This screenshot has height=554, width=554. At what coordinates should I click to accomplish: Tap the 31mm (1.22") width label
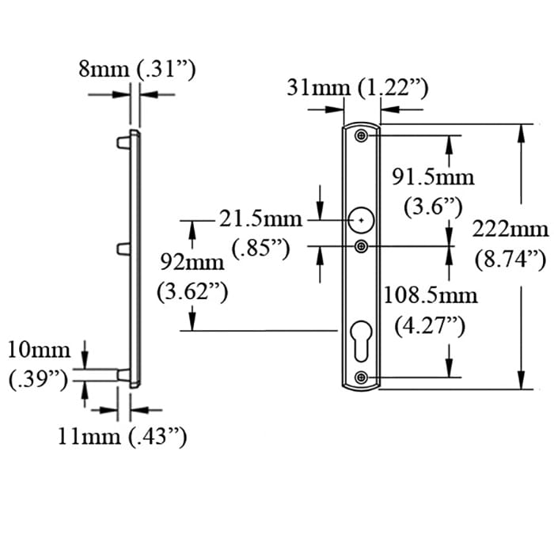pos(357,88)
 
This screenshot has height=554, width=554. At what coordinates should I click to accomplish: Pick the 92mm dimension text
pos(192,260)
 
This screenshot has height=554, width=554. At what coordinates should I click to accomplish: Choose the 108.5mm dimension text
pos(431,295)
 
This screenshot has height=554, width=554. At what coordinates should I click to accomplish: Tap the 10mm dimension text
pos(39,348)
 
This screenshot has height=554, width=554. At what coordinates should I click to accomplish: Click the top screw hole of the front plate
pos(362,136)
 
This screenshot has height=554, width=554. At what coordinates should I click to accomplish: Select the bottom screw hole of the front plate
pos(362,377)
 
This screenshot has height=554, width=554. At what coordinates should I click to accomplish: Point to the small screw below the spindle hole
pos(361,247)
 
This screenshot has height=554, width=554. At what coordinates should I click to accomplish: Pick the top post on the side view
pos(123,143)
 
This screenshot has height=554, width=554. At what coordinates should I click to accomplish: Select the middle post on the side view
pos(123,249)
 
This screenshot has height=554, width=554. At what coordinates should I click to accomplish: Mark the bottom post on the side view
pos(123,374)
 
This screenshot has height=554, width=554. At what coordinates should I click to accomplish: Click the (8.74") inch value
pos(510,259)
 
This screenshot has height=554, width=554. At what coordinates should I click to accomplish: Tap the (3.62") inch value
pos(193,291)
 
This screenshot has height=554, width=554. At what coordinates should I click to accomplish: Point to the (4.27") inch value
pos(429,326)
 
